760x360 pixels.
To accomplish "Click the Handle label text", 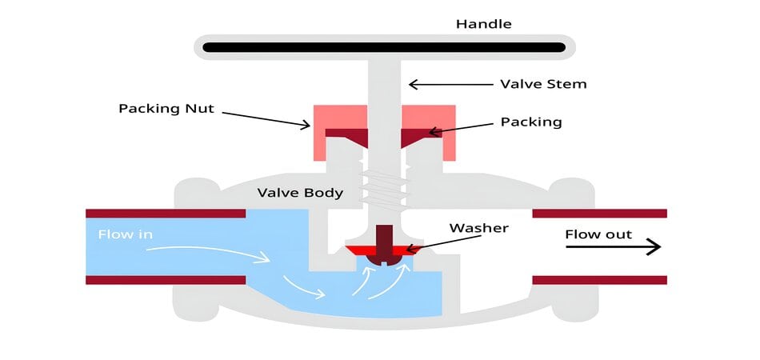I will [x=483, y=23].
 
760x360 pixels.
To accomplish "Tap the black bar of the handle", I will [x=384, y=47].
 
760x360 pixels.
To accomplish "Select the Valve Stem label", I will [x=543, y=83].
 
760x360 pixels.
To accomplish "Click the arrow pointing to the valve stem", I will [x=448, y=83].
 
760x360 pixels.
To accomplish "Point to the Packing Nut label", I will [x=166, y=108].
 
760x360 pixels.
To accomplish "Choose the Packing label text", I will [x=531, y=122].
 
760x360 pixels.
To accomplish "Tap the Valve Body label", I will [x=300, y=193].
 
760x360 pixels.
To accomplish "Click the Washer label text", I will [x=478, y=228].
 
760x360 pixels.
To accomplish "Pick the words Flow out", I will [x=598, y=234].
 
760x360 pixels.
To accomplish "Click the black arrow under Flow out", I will [x=613, y=247].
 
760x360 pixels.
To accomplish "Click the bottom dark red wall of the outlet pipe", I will [x=599, y=280].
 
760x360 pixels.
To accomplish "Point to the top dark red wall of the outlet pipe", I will [x=599, y=214].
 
